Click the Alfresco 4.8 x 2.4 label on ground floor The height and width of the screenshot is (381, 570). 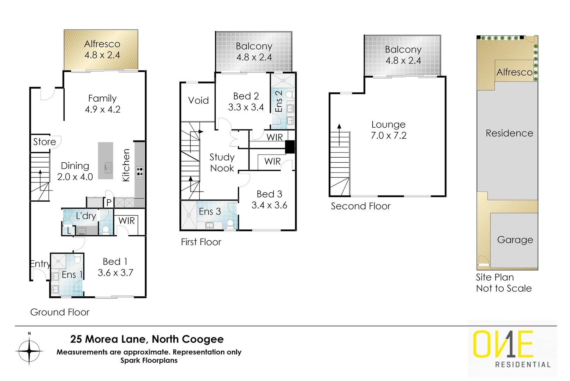pyautogui.click(x=102, y=49)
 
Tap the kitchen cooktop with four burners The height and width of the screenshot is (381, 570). pyautogui.click(x=140, y=172)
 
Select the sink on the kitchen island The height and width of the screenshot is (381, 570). pyautogui.click(x=108, y=167)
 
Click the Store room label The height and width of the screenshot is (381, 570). pyautogui.click(x=44, y=142)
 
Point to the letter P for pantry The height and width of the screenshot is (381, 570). pyautogui.click(x=109, y=202)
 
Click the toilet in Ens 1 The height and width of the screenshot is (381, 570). pyautogui.click(x=77, y=260)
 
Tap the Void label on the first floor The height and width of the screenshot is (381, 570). pyautogui.click(x=198, y=101)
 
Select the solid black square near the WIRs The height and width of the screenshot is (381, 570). pyautogui.click(x=290, y=147)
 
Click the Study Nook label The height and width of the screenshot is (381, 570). pyautogui.click(x=222, y=163)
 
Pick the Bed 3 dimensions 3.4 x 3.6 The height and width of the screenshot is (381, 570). pyautogui.click(x=269, y=205)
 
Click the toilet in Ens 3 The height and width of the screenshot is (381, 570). pyautogui.click(x=230, y=223)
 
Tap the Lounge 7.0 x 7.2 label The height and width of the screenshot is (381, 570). pyautogui.click(x=388, y=130)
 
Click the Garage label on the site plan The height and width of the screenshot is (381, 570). pyautogui.click(x=515, y=240)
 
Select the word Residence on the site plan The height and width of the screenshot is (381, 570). pyautogui.click(x=509, y=133)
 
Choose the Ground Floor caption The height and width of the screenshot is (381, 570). pyautogui.click(x=60, y=312)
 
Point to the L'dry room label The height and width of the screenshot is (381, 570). pyautogui.click(x=86, y=216)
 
